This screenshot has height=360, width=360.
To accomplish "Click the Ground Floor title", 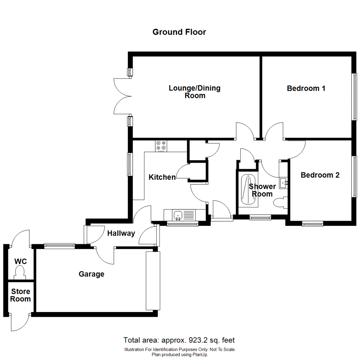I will [x=179, y=32].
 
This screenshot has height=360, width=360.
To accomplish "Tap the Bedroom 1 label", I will [x=306, y=89].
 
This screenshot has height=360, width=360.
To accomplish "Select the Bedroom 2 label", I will [x=320, y=175].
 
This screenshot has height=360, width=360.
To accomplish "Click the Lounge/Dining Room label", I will [x=195, y=92].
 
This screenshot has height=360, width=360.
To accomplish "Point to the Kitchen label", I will [x=162, y=177].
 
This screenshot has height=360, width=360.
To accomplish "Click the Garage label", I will [x=91, y=274].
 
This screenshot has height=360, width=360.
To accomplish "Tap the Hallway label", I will [x=121, y=234].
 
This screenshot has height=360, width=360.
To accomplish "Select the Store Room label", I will [x=20, y=295].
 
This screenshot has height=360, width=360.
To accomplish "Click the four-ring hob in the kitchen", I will [x=161, y=146].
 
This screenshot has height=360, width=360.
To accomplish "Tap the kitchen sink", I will [x=178, y=215].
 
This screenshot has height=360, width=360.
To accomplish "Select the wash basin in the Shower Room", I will [x=284, y=182].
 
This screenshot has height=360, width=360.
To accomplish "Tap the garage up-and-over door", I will [x=153, y=281].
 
